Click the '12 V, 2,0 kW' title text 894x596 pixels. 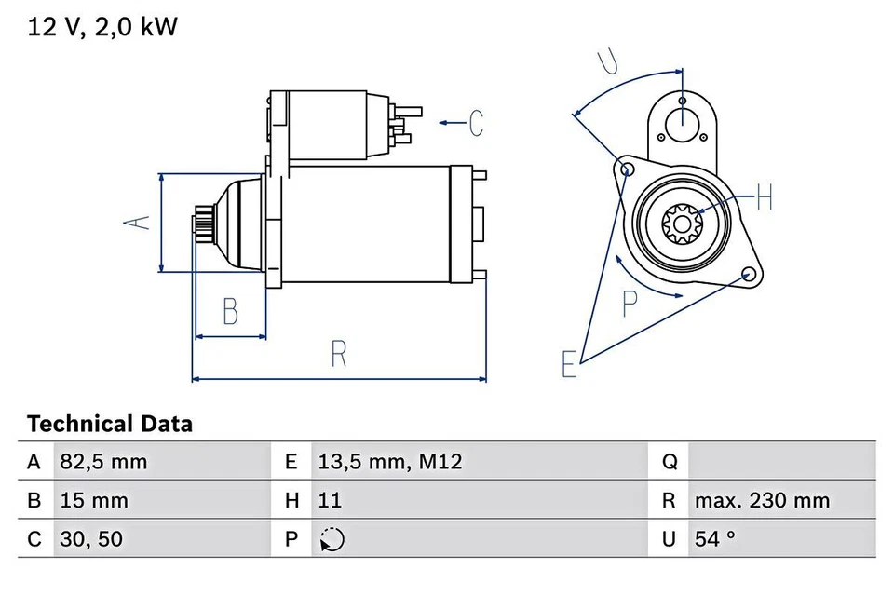click(x=102, y=27)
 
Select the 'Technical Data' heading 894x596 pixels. click(x=110, y=424)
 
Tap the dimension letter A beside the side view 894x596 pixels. click(x=138, y=223)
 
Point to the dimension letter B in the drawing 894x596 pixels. click(x=230, y=310)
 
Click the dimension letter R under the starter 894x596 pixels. click(x=338, y=353)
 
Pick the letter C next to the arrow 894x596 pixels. click(x=476, y=122)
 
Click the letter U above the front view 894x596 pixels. click(x=607, y=61)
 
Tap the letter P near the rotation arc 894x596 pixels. click(x=630, y=302)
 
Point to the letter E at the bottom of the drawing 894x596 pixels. click(x=569, y=365)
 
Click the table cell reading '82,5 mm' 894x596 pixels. click(x=103, y=461)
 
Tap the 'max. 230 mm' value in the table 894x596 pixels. click(x=761, y=500)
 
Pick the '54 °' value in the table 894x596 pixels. click(x=715, y=539)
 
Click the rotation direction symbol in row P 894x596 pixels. click(x=332, y=540)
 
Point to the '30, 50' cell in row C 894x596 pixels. click(x=91, y=539)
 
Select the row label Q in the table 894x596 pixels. click(x=669, y=461)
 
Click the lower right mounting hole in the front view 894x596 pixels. click(x=747, y=275)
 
